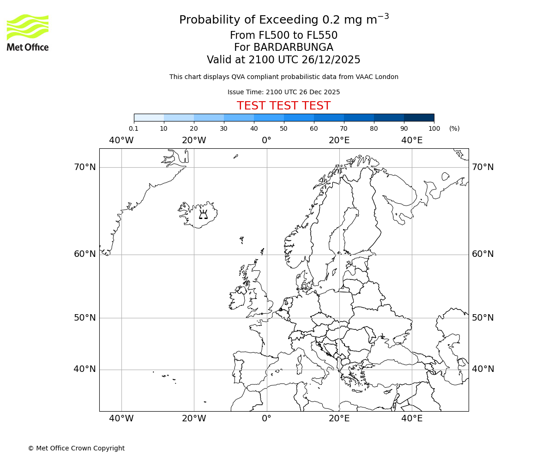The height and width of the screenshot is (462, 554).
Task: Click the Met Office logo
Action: click(28, 32)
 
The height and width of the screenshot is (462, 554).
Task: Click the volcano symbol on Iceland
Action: click(203, 214)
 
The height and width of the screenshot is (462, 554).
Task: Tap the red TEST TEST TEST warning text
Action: click(283, 106)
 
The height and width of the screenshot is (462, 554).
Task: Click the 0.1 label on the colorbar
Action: click(133, 128)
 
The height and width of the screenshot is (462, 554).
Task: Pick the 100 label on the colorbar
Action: click(434, 128)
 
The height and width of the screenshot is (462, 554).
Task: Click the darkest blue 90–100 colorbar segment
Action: click(419, 117)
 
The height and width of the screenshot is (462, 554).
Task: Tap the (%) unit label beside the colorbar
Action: click(454, 128)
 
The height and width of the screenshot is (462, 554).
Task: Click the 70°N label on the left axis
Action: click(85, 167)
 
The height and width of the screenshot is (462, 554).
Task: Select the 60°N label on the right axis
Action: click(482, 254)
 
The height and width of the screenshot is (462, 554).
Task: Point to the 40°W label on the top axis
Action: click(121, 140)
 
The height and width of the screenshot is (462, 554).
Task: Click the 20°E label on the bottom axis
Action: click(339, 419)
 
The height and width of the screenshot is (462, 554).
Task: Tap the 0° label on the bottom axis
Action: click(267, 419)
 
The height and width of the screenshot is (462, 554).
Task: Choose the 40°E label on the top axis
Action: click(412, 140)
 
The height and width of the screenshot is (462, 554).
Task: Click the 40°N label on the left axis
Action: click(85, 369)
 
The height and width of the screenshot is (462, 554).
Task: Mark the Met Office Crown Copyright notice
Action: click(76, 448)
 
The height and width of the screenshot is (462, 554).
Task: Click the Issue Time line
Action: click(283, 92)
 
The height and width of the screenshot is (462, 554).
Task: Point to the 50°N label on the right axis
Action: click(482, 318)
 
